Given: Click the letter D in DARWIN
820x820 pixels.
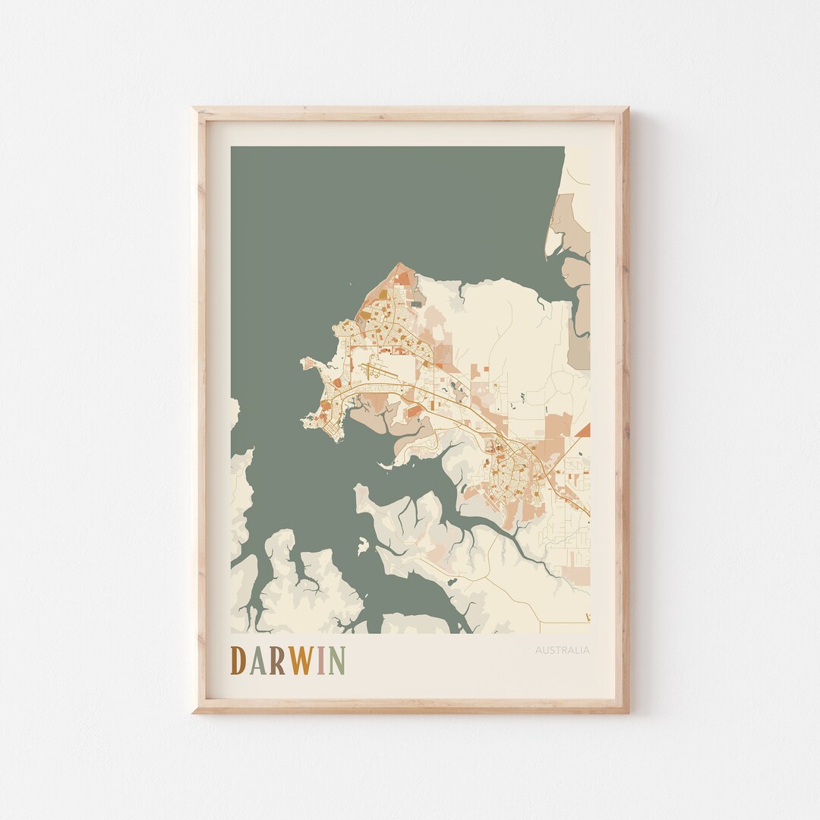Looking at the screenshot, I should click(238, 661).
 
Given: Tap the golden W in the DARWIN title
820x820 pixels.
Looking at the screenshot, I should click(301, 661).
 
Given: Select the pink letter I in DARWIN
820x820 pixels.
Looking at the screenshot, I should click(322, 661).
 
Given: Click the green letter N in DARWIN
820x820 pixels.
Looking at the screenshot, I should click(337, 661).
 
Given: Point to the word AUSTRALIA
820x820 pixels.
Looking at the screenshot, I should click(562, 650).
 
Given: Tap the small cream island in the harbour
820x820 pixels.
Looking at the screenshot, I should click(363, 544).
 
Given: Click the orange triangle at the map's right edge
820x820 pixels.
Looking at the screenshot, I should click(583, 430).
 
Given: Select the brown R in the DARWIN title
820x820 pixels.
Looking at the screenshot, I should click(277, 661).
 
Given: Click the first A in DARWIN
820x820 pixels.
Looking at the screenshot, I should click(257, 661).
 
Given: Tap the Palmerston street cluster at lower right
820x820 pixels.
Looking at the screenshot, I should click(509, 471).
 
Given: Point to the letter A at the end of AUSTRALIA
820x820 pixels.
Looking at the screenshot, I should click(586, 650).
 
